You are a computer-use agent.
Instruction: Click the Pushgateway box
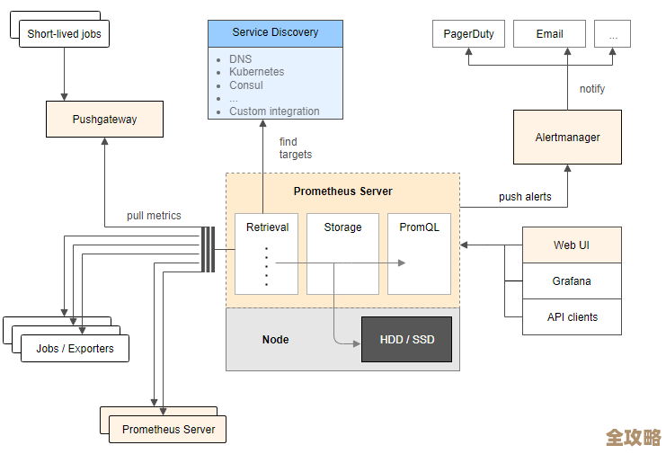pos(104,119)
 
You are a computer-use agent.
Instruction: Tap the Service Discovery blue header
pos(275,32)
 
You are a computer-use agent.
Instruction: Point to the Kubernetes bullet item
pos(256,72)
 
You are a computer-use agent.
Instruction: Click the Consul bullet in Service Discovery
pos(245,85)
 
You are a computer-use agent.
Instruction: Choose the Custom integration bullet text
pos(274,111)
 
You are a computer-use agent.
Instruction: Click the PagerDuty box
pos(468,34)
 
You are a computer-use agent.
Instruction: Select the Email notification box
pos(549,34)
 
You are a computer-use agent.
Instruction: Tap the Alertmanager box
pos(567,138)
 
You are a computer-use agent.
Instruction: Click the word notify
pos(592,89)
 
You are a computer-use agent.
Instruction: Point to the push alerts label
pos(525,197)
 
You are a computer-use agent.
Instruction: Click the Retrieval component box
pos(266,254)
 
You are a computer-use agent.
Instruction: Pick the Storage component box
pos(342,254)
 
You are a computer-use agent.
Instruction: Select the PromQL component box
pos(419,254)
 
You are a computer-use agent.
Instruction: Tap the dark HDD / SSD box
pos(406,340)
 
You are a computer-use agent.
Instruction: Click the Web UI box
pos(572,245)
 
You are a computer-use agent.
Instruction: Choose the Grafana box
pos(572,281)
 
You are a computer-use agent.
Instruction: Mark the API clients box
pos(572,317)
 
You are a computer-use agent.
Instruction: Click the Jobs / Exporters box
pos(75,349)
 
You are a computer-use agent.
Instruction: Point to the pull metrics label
pos(154,216)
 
